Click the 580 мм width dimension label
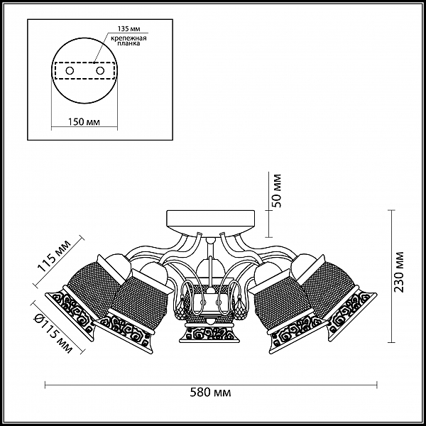click(210, 393)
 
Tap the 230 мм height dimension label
click(399, 272)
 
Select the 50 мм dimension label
click(277, 191)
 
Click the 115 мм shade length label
click(55, 256)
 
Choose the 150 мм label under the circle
click(84, 122)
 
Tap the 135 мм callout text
click(129, 29)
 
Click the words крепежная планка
click(129, 40)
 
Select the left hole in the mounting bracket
click(70, 71)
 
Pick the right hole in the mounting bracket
click(100, 71)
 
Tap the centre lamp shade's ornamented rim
click(209, 333)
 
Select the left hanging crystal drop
click(180, 308)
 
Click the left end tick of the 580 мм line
click(45, 385)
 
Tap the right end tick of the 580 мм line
click(377, 385)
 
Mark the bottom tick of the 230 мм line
click(391, 343)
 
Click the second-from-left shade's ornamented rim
click(126, 331)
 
